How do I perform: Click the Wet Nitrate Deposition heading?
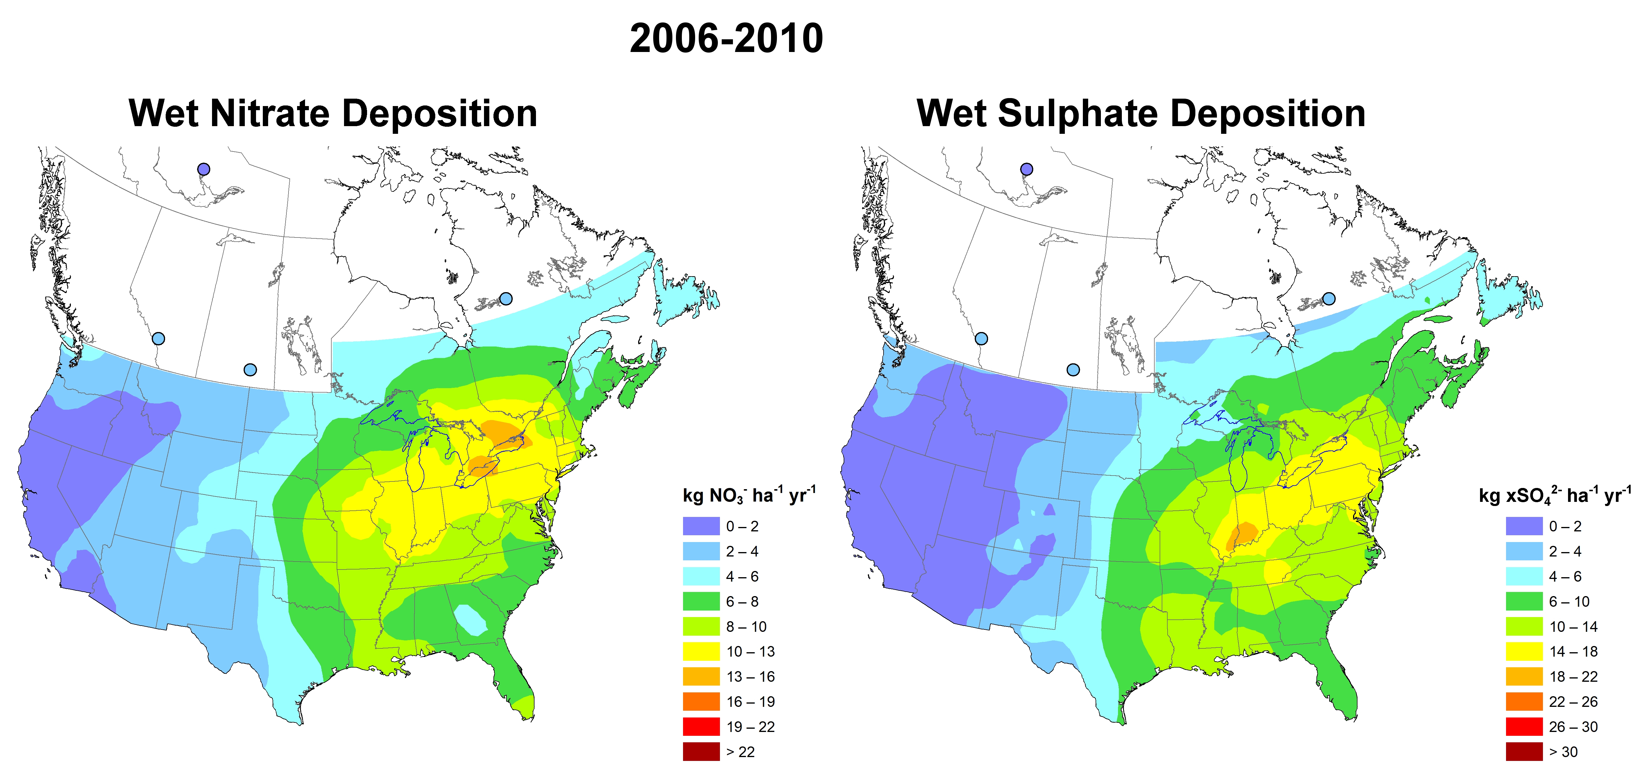333,114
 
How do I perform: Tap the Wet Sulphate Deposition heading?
1141,114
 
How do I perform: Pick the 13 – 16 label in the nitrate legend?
750,677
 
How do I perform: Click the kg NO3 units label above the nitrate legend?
749,495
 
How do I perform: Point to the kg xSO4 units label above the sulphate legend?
1554,495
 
